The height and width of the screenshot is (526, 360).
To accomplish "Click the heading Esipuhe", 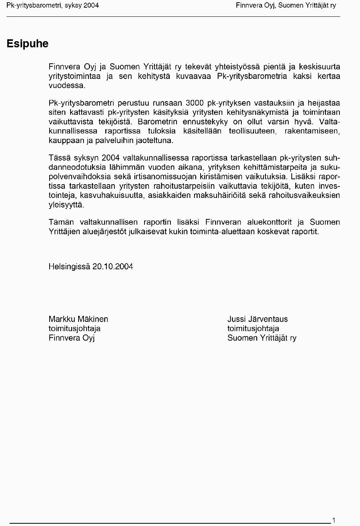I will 27,44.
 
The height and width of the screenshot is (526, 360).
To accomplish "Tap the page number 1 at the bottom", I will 334,520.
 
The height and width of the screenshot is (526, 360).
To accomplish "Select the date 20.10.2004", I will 112,267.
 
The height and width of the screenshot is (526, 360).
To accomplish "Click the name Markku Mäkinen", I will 78,319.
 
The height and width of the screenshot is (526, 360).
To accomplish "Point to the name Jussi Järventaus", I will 257,319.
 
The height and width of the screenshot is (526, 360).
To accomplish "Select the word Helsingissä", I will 69,267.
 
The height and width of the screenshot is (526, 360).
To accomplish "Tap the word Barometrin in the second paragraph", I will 157,122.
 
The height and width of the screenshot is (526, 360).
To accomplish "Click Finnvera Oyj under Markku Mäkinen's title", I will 71,338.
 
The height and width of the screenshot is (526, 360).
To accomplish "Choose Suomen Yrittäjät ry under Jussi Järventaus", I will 262,338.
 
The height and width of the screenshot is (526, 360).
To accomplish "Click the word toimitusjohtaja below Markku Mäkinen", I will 74,328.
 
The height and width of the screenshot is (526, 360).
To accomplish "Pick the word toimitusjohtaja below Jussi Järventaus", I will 253,328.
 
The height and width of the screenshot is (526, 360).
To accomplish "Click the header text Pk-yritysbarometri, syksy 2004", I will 53,5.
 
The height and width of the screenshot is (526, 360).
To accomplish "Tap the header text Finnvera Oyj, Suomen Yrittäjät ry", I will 286,5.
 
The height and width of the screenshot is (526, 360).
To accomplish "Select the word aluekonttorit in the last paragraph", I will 270,222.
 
